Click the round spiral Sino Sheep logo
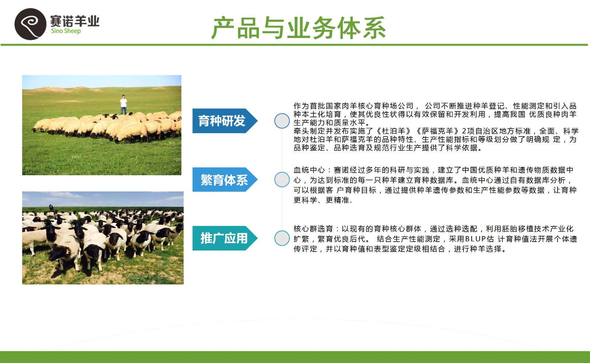(30, 24)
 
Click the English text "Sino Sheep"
(66, 31)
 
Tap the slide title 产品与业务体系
(299, 28)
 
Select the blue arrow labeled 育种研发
(225, 121)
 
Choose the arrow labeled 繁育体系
(225, 179)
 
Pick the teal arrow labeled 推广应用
(225, 238)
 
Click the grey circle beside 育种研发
(282, 121)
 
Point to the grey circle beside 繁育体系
(282, 179)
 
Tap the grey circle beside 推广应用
(282, 238)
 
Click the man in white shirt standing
(123, 104)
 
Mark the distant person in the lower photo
(51, 207)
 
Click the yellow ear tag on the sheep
(67, 252)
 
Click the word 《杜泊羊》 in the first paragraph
(394, 131)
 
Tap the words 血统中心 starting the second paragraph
(309, 170)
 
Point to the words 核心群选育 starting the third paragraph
(313, 229)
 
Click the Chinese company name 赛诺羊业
(75, 21)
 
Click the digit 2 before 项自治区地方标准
(464, 131)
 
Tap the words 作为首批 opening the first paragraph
(309, 106)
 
